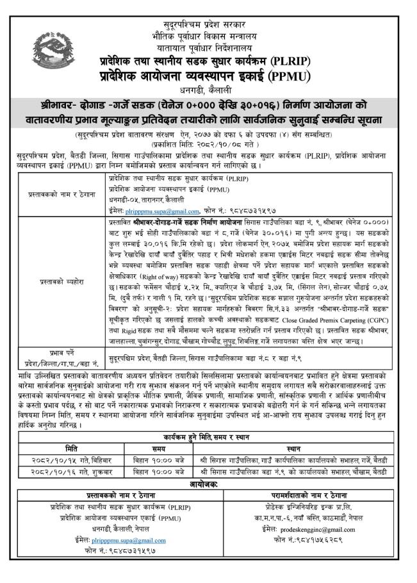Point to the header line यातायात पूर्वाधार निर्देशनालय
click(208, 47)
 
